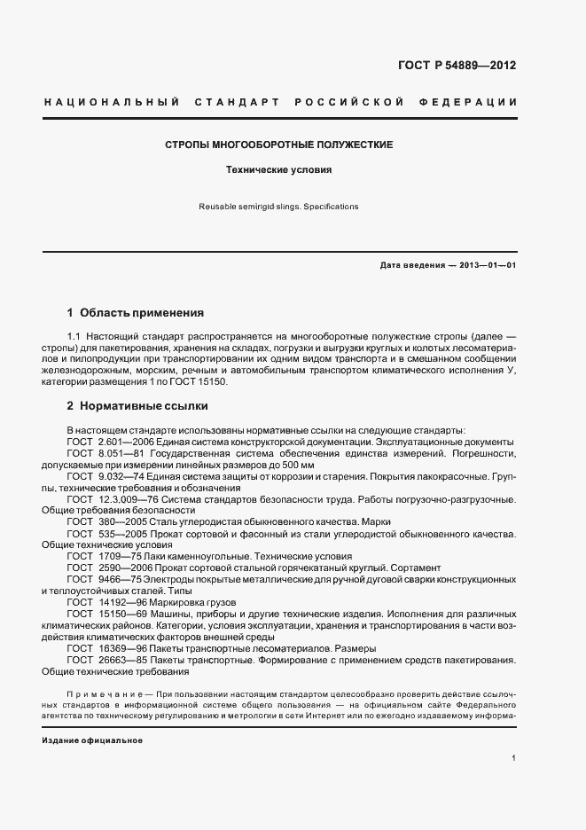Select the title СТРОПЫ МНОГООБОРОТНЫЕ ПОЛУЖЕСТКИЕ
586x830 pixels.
[280, 145]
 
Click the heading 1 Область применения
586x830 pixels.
[136, 313]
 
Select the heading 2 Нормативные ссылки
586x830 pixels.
[137, 406]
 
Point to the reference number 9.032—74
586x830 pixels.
[122, 476]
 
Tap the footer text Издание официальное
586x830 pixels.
[92, 740]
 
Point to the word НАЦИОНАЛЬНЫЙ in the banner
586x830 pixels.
[111, 103]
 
